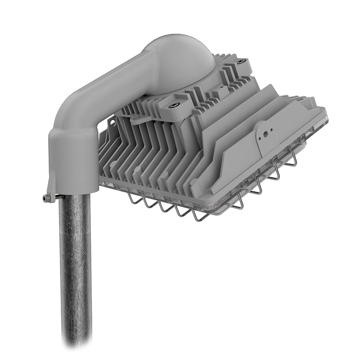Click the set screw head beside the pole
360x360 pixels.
coord(45,198)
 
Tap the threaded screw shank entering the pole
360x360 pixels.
coord(53,197)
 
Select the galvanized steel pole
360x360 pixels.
coord(75,270)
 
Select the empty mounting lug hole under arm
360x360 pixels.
coord(135,119)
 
